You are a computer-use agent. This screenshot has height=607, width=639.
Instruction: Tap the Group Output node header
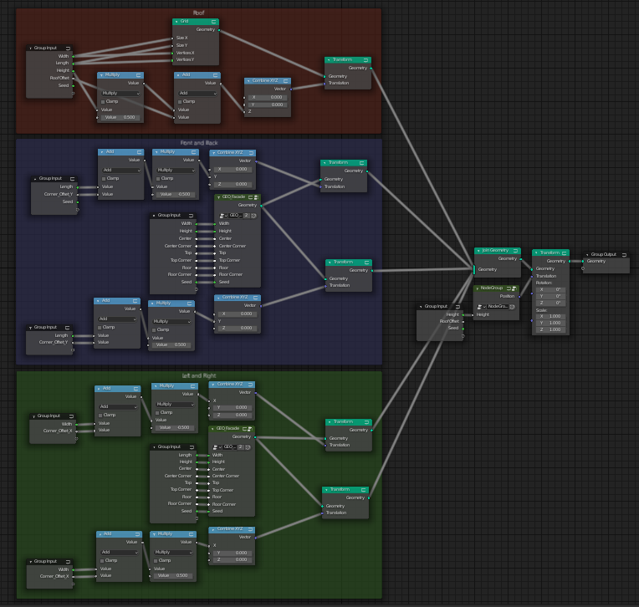(606, 254)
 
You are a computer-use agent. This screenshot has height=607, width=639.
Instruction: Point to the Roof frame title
(198, 13)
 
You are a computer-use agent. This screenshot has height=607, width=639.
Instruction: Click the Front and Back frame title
(199, 143)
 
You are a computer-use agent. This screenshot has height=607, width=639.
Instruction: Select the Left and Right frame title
(199, 375)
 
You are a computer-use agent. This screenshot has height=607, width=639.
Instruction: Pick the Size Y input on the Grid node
(181, 45)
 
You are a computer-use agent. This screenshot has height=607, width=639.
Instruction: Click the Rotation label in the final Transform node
(544, 283)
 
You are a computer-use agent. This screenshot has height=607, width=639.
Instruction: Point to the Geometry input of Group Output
(596, 261)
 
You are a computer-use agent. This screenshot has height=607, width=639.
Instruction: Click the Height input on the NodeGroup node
(483, 314)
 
